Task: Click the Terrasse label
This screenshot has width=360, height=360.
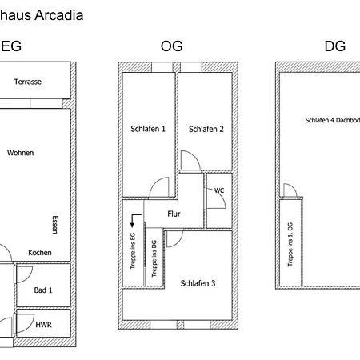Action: pos(28,82)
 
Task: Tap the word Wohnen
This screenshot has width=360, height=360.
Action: pos(21,153)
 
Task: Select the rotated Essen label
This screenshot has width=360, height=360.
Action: pos(55,225)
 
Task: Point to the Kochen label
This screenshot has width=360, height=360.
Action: pos(40,253)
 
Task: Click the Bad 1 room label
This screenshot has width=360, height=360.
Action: pos(43,290)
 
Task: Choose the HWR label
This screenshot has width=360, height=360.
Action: pos(43,325)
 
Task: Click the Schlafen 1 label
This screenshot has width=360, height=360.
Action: pos(148,129)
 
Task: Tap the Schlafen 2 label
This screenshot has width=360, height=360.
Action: pos(206,130)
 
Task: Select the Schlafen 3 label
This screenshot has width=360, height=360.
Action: pos(198,283)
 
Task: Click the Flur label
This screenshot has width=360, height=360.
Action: pos(174,214)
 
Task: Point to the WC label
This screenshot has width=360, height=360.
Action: pos(219,190)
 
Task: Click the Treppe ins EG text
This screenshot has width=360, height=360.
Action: pos(133,251)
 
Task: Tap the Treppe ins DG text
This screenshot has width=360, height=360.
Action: pos(154,258)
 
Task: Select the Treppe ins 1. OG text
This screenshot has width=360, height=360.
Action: pos(290,245)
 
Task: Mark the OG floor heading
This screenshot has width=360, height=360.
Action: pos(172,46)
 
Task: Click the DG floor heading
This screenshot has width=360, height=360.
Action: pos(335,46)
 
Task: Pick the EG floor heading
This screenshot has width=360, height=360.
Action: pos(11,46)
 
